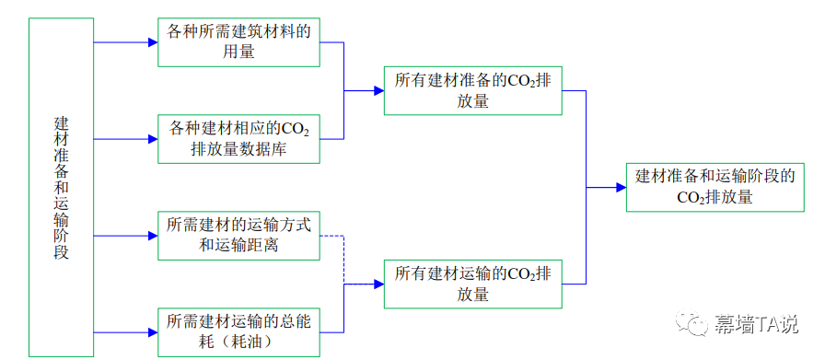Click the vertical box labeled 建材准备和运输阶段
click(x=61, y=187)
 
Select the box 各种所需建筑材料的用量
click(x=238, y=42)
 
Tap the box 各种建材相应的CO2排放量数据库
click(x=238, y=138)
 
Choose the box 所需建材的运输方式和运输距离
click(x=238, y=235)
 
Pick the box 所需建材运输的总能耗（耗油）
click(x=238, y=331)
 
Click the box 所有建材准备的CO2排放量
click(x=472, y=90)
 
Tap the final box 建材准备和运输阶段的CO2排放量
click(x=715, y=187)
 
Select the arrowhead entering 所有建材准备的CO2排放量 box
click(x=378, y=90)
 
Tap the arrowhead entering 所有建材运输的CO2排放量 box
click(x=378, y=285)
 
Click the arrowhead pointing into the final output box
click(x=621, y=187)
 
